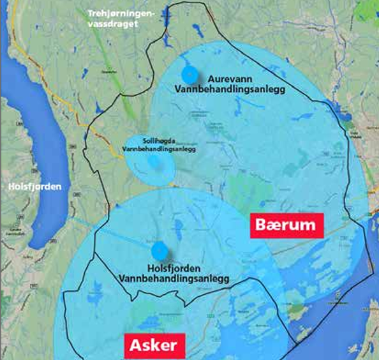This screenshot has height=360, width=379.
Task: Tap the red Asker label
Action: tap(153, 346)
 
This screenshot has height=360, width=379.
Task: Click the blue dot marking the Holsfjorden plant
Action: tap(160, 248)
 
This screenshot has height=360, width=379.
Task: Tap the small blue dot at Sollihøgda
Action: tap(154, 162)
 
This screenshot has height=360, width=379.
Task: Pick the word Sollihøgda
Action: tap(158, 139)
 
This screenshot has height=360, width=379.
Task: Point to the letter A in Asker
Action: tap(133, 346)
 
